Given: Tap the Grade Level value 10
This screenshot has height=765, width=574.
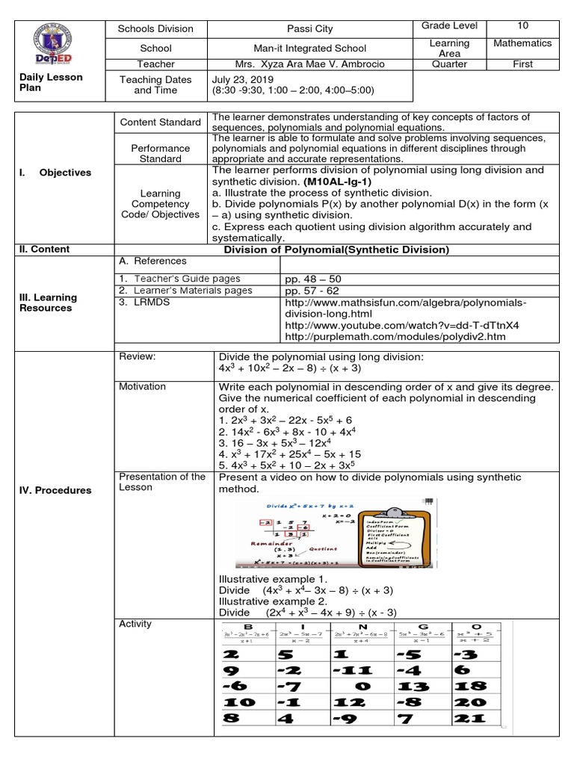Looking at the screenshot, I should pyautogui.click(x=522, y=25).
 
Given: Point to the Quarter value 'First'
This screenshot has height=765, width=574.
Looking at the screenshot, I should pyautogui.click(x=522, y=64).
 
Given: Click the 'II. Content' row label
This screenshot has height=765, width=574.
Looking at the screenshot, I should pyautogui.click(x=44, y=249).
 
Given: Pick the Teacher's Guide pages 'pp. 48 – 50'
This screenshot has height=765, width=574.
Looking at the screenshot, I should pyautogui.click(x=311, y=278).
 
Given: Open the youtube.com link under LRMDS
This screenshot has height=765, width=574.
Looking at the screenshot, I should pyautogui.click(x=402, y=326).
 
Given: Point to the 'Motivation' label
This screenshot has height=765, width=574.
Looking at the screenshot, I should pyautogui.click(x=143, y=386).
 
